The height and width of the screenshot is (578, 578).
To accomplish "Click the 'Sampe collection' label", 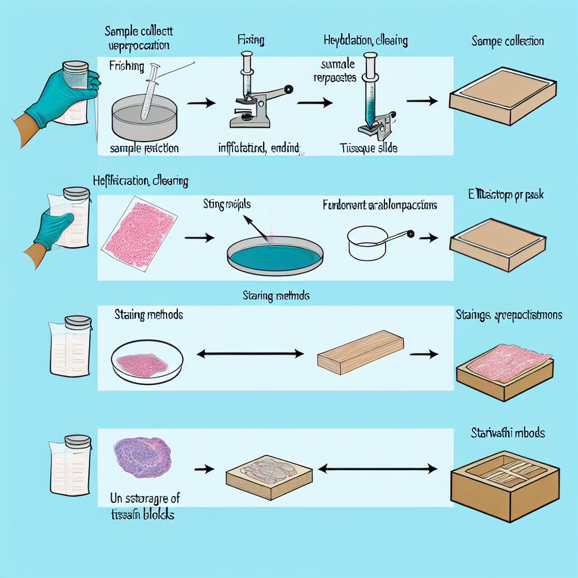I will [507, 41].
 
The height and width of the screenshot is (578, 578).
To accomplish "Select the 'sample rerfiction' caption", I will [144, 149].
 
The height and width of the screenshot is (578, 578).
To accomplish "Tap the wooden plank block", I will [360, 351].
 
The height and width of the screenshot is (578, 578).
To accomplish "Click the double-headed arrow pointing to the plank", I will [250, 353].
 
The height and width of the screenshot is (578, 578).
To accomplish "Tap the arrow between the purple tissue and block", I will [205, 469].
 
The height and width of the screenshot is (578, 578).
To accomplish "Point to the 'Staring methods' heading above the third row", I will [276, 296].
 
